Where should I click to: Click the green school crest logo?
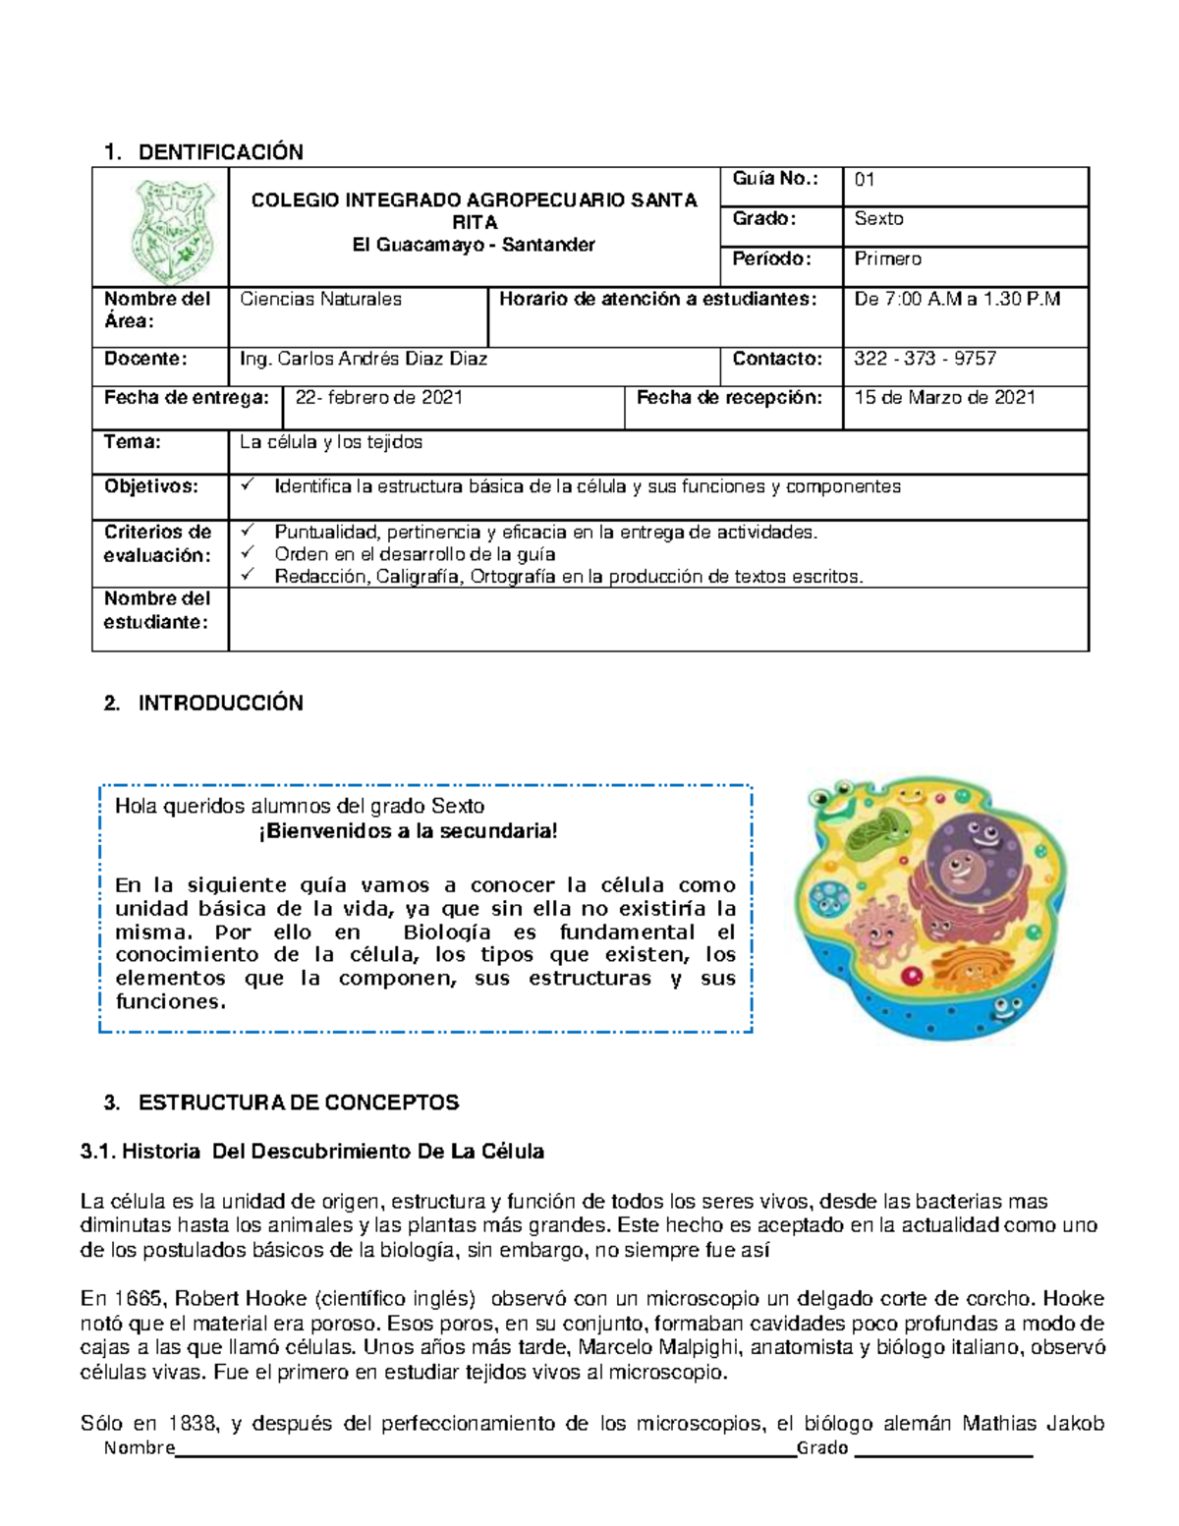pos(160,232)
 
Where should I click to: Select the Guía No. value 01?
pos(865,180)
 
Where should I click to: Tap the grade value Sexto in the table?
pos(878,219)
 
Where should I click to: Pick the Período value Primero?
pos(887,259)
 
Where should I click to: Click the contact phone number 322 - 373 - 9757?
pos(925,359)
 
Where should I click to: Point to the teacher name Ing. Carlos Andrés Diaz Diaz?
pos(364,359)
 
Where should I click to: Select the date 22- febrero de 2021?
pos(379,398)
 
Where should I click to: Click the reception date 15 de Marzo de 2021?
pos(944,398)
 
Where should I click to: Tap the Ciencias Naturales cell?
pos(320,300)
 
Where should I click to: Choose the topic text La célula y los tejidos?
pos(331,442)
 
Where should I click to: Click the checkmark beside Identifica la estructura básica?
pos(247,485)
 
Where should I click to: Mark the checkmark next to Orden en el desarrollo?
pos(247,553)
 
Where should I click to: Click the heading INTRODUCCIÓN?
pos(220,704)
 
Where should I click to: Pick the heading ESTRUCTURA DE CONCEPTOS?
pos(299,1102)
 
